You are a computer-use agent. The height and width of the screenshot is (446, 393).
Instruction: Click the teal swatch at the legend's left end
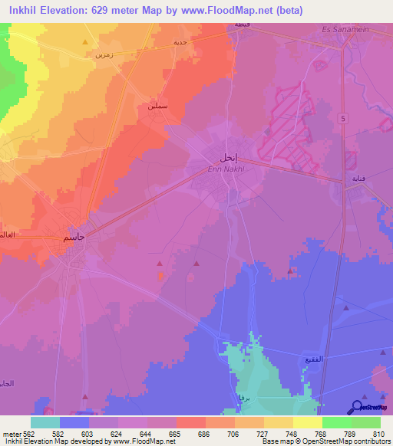45,422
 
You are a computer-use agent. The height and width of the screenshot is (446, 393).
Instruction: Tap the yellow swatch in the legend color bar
308,422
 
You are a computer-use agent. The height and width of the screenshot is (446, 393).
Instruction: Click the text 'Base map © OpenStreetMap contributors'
314,441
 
